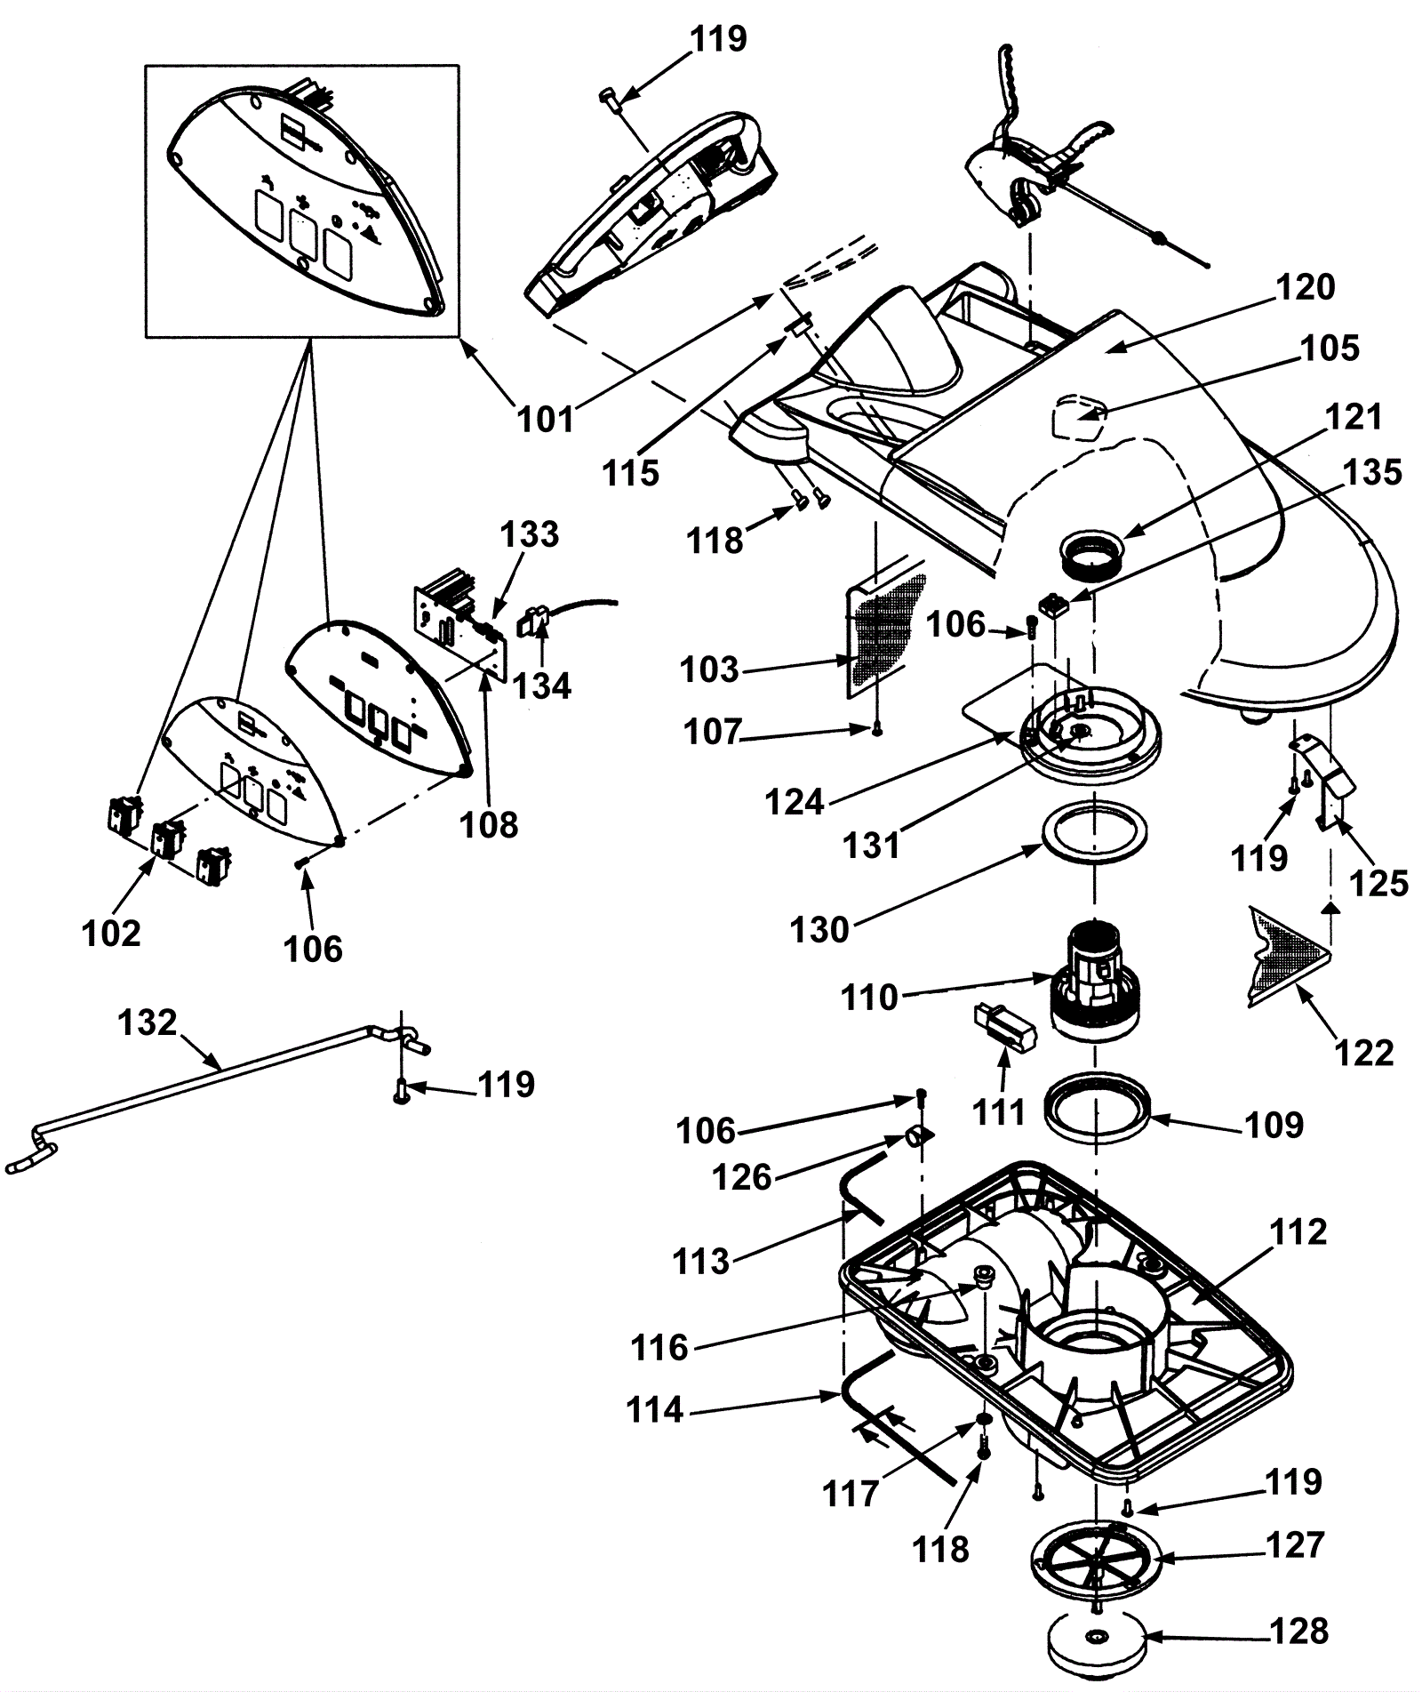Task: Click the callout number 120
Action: [1305, 287]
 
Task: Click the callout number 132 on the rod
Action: [148, 1022]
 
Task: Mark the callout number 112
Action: [1298, 1232]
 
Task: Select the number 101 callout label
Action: [546, 418]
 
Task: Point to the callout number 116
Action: [659, 1348]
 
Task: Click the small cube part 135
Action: [1054, 607]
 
